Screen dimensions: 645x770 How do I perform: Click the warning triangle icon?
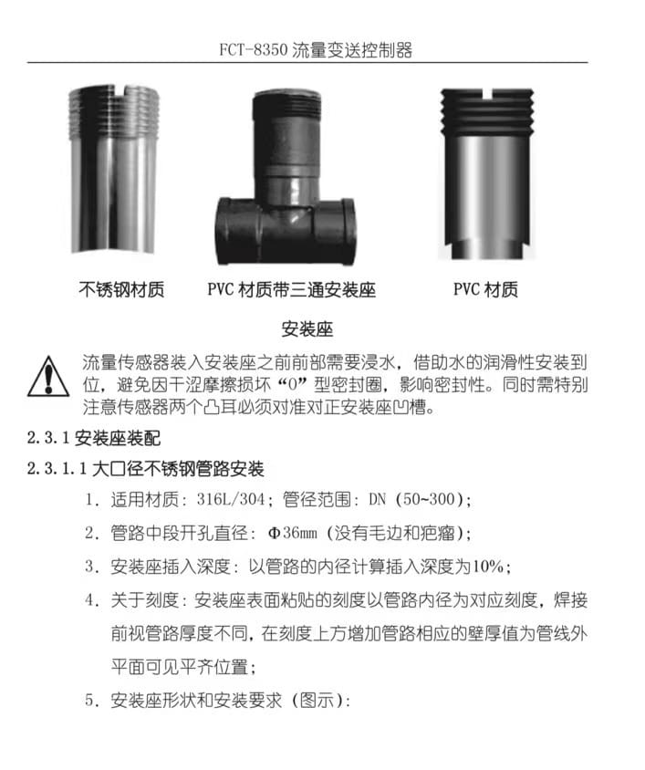pyautogui.click(x=47, y=377)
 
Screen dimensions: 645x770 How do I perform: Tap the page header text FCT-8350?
pyautogui.click(x=253, y=50)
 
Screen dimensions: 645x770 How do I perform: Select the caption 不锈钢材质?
pyautogui.click(x=121, y=289)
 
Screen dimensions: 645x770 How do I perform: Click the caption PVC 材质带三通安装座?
pyautogui.click(x=292, y=289)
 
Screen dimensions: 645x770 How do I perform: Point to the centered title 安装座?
pyautogui.click(x=307, y=329)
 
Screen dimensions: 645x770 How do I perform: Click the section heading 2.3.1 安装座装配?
pyautogui.click(x=94, y=438)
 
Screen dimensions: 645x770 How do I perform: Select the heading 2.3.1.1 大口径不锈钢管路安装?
pyautogui.click(x=145, y=469)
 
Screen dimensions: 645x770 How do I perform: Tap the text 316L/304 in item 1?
pyautogui.click(x=231, y=499)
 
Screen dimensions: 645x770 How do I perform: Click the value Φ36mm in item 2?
pyautogui.click(x=292, y=533)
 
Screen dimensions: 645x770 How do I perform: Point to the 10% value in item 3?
pyautogui.click(x=487, y=567)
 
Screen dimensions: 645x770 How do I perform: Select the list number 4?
pyautogui.click(x=90, y=600)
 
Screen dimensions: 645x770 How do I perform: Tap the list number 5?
pyautogui.click(x=90, y=701)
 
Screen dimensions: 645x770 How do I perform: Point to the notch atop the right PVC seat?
pyautogui.click(x=488, y=93)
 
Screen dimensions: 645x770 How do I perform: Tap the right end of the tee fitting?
pyautogui.click(x=348, y=231)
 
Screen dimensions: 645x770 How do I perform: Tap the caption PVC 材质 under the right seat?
pyautogui.click(x=485, y=289)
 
